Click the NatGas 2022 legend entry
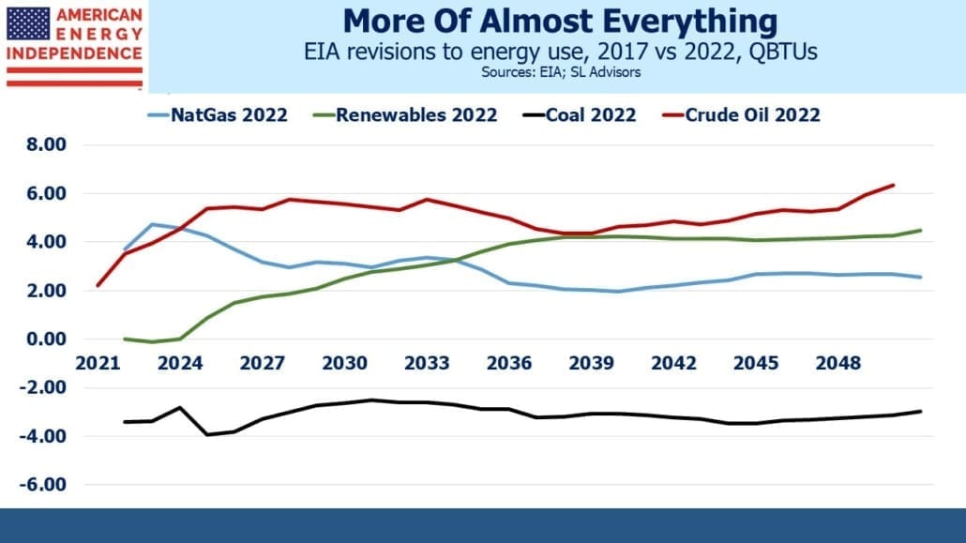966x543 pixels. click(218, 115)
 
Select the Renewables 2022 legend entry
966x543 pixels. click(405, 115)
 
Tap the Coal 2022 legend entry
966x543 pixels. click(579, 115)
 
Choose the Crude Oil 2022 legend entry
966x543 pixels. click(741, 115)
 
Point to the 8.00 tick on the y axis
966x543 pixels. click(46, 144)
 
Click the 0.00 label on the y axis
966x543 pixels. click(46, 339)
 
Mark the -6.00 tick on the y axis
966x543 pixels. click(42, 485)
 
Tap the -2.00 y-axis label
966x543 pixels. click(42, 387)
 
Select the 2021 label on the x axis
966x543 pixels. click(98, 363)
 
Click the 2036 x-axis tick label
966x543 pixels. click(509, 363)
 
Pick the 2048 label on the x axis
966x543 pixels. click(838, 363)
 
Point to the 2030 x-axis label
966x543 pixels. click(344, 363)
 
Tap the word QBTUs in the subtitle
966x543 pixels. click(783, 52)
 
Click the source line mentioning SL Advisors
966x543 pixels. click(561, 73)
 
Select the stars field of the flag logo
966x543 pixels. click(28, 24)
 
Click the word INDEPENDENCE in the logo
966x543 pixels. click(74, 53)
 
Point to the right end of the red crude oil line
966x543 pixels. click(893, 185)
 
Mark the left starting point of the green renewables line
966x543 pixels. click(125, 339)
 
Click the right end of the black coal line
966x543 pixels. click(921, 411)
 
